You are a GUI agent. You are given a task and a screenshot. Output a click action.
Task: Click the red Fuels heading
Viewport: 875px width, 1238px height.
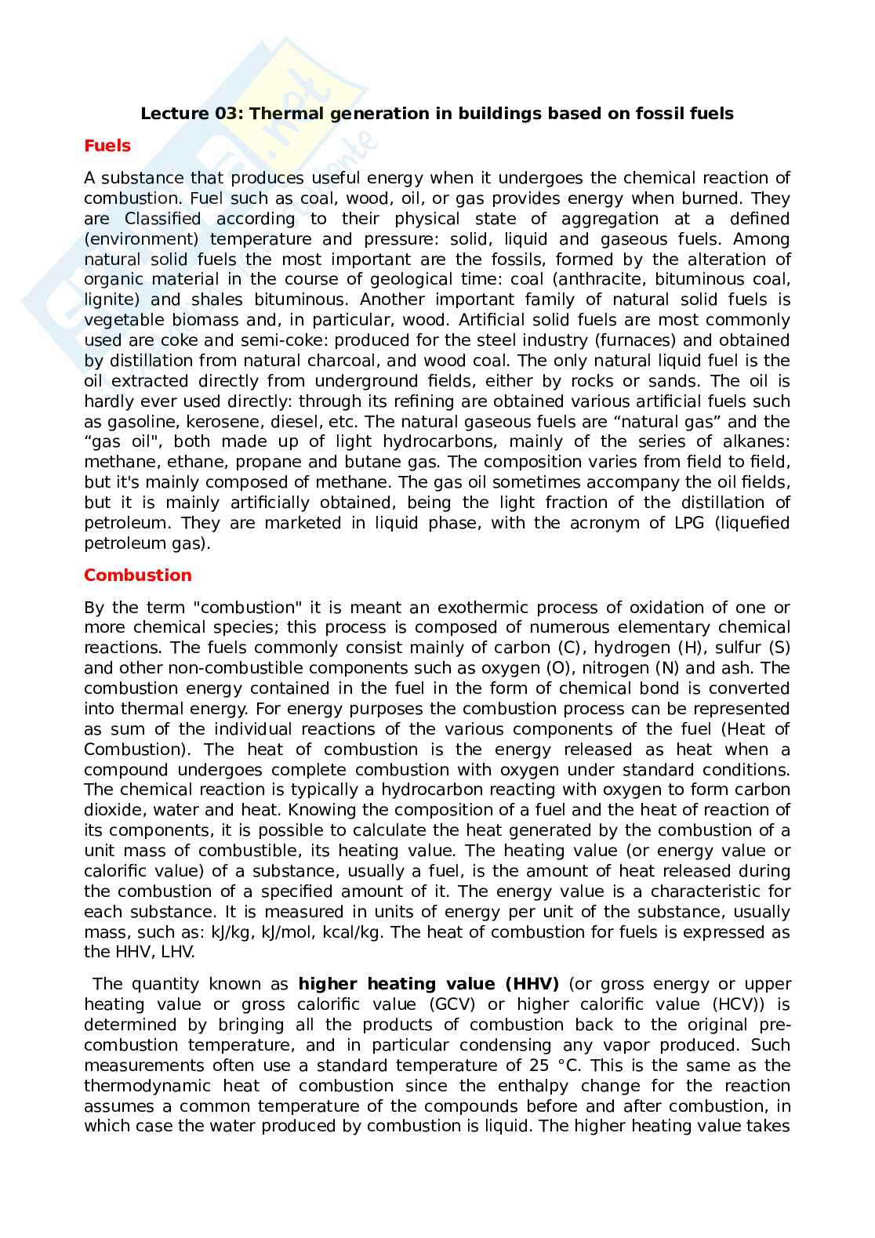pyautogui.click(x=107, y=146)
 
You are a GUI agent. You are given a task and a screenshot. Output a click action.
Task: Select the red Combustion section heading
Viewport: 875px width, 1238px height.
pyautogui.click(x=138, y=575)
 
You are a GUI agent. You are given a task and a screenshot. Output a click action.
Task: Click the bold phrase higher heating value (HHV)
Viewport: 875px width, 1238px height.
pyautogui.click(x=429, y=984)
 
